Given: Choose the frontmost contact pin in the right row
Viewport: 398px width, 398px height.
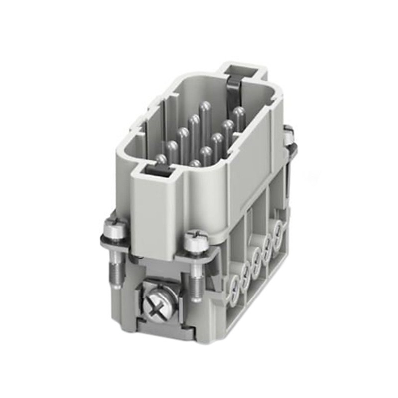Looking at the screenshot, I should [x=195, y=164].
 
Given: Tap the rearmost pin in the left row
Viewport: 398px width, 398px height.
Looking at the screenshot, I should [x=204, y=106].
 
